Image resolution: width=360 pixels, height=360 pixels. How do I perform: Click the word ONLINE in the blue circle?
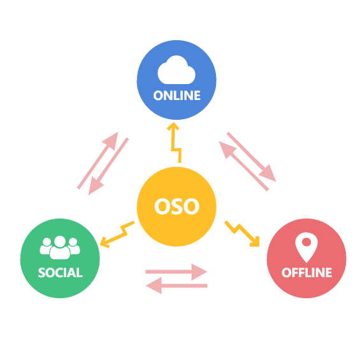pos(176,96)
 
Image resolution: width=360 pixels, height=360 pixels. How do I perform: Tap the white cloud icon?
pos(176,70)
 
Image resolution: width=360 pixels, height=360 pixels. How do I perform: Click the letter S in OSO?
pos(176,206)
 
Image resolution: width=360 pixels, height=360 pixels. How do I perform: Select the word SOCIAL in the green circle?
pos(60,273)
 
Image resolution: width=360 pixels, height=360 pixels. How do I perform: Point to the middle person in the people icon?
pos(60,247)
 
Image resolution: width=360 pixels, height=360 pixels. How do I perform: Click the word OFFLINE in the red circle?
pos(306,273)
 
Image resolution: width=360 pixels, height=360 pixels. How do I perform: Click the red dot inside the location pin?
pos(306,242)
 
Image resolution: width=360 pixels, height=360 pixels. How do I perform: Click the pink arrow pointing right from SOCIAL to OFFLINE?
pos(176,272)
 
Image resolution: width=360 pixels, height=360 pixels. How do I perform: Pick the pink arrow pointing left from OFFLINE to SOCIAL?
pos(176,285)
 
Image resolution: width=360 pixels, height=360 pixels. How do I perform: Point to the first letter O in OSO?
pos(162,206)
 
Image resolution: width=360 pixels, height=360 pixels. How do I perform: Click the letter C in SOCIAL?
pos(60,273)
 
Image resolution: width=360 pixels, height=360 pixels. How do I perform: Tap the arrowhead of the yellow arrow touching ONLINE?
pos(173,126)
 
